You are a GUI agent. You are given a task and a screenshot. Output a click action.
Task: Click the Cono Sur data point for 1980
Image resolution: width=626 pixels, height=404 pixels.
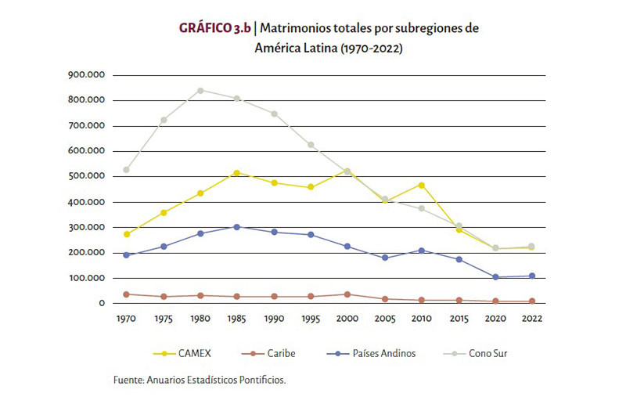point(201,90)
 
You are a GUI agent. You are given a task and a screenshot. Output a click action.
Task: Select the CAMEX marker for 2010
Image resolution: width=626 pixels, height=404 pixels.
point(423,185)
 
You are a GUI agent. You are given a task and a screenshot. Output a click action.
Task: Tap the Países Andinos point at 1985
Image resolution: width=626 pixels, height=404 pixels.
point(237,227)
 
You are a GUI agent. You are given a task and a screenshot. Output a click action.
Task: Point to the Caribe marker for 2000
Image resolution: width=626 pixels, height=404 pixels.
point(349,294)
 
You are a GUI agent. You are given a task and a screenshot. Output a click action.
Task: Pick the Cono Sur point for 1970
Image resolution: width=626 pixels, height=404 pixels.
point(127,169)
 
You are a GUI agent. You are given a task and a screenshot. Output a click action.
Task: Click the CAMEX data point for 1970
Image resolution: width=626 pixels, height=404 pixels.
point(127,234)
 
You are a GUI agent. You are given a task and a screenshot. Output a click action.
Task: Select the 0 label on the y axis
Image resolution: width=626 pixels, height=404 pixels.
point(101,304)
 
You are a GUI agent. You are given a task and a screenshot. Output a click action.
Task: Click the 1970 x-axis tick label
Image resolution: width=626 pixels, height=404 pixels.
point(127,319)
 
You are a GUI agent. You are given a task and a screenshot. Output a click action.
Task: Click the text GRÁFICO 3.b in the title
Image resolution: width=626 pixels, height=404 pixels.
point(214,28)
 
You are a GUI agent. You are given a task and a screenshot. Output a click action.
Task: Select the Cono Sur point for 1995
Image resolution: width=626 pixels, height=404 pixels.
point(312,145)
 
